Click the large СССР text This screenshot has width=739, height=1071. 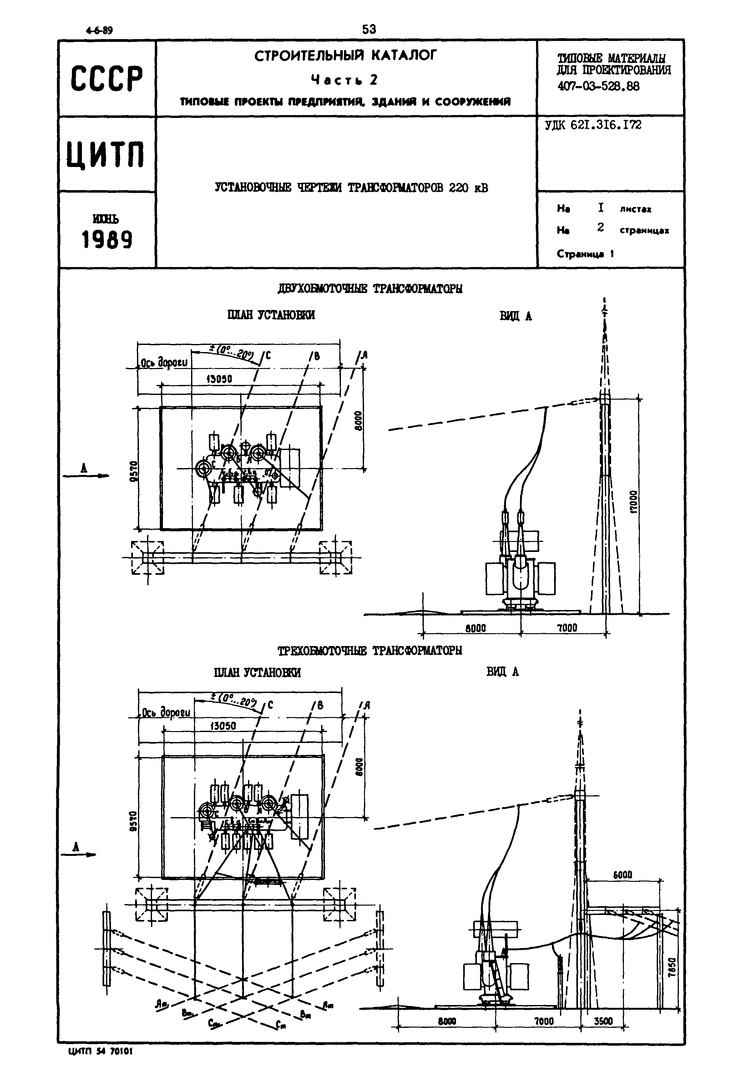[107, 79]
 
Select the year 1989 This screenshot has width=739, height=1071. [107, 240]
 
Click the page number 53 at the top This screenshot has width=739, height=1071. [369, 30]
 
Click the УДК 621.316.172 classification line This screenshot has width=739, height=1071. [593, 125]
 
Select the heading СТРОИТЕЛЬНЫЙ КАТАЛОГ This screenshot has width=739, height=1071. [346, 56]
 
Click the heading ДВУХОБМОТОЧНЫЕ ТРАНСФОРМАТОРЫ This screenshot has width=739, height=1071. [370, 289]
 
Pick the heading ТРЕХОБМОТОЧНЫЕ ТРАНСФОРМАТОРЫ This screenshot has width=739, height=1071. [370, 651]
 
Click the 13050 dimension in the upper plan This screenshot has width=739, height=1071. [219, 379]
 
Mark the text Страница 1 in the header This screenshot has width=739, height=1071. [585, 254]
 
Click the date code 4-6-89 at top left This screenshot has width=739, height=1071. [99, 31]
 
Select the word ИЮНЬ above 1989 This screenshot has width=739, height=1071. [106, 218]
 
